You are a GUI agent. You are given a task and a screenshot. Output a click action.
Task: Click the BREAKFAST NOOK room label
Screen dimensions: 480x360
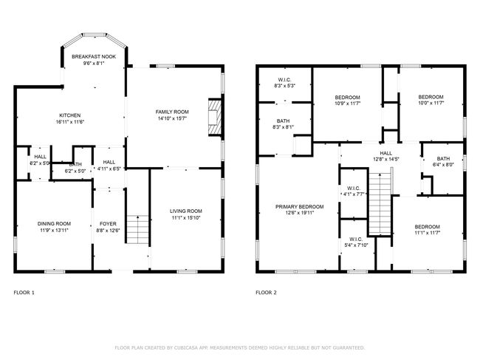(94, 57)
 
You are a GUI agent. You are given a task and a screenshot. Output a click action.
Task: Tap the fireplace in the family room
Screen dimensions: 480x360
(215, 117)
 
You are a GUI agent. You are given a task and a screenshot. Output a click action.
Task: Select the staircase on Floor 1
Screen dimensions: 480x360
(138, 230)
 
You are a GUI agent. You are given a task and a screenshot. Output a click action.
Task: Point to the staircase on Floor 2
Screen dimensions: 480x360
(380, 203)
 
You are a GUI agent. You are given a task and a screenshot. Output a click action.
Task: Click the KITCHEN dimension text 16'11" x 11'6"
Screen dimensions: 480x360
(70, 122)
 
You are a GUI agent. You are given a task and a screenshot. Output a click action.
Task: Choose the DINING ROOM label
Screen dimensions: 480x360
(54, 224)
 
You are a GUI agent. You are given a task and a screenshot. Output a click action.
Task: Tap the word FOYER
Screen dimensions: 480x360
(108, 224)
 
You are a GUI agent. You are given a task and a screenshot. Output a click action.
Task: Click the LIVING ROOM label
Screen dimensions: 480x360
(186, 211)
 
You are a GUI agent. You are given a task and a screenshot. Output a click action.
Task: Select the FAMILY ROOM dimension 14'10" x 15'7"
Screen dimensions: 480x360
(172, 118)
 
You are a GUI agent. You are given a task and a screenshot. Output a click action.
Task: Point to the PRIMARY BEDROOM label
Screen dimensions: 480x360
(299, 207)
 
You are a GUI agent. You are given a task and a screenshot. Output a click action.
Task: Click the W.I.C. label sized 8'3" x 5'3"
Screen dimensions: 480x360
(285, 80)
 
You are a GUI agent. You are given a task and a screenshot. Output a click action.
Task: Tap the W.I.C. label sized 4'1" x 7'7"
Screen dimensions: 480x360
(354, 188)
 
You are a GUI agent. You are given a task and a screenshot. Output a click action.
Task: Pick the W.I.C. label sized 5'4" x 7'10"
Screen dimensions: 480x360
(356, 239)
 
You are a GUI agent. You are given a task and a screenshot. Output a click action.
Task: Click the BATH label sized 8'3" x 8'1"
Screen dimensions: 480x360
(283, 121)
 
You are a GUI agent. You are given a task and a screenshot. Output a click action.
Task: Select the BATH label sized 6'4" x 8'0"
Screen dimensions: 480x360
(443, 159)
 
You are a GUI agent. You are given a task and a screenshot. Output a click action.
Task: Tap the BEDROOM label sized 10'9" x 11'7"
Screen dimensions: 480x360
(348, 98)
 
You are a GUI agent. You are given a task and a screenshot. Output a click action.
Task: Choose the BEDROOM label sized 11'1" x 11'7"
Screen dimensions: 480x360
(428, 227)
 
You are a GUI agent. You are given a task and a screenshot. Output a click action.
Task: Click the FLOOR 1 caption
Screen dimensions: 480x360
(24, 293)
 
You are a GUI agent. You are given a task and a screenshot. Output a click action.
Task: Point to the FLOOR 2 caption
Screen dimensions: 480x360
(266, 293)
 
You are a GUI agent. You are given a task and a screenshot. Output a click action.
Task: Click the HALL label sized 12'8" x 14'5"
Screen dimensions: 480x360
(385, 153)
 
